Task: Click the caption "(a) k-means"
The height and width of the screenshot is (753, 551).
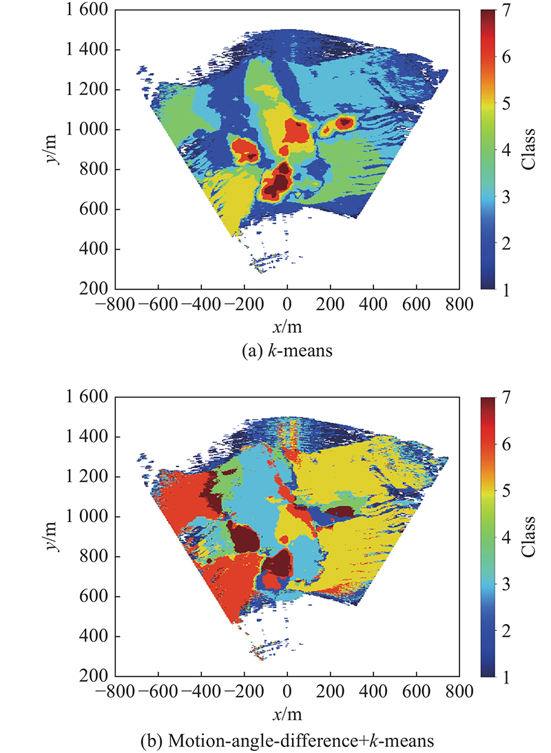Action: tap(287, 352)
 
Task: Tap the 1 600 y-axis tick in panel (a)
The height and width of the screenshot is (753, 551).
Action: tap(87, 10)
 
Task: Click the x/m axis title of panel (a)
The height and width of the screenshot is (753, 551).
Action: tap(287, 324)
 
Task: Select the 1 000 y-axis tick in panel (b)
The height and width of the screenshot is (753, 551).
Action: tap(87, 517)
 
